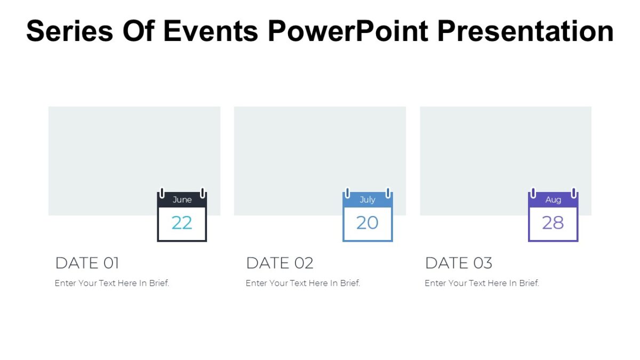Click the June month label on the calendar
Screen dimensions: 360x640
click(182, 200)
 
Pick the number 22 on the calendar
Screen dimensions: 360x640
click(182, 223)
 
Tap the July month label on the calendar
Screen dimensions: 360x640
click(367, 200)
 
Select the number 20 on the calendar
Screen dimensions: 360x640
click(367, 223)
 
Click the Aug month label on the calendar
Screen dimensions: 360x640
click(553, 200)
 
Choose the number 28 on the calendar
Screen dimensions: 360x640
click(553, 223)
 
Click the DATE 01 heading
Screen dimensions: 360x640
click(87, 263)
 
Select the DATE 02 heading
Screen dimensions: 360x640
click(279, 263)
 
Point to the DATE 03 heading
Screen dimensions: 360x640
click(458, 263)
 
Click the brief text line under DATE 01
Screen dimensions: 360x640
click(112, 283)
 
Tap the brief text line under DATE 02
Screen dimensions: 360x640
click(303, 283)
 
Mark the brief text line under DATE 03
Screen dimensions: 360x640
click(482, 283)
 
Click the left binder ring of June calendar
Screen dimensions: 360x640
click(162, 193)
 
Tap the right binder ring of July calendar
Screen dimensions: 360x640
click(388, 193)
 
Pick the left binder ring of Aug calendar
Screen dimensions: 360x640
click(533, 193)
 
